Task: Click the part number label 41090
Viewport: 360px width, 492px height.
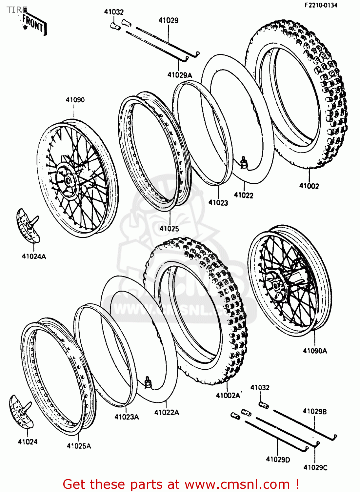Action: tap(75, 100)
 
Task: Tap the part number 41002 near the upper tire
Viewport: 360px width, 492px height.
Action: tap(309, 186)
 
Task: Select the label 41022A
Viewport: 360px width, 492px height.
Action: tap(167, 413)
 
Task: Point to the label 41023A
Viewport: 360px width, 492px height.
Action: tap(127, 417)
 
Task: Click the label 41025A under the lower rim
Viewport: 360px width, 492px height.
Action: tap(79, 446)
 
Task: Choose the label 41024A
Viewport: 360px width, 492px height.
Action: tap(34, 256)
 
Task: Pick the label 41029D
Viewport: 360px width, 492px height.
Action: tap(278, 460)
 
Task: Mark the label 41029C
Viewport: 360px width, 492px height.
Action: tap(315, 467)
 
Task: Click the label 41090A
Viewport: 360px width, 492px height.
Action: tap(315, 351)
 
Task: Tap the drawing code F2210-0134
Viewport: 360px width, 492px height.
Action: tap(321, 5)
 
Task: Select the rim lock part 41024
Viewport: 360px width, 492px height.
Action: tap(20, 412)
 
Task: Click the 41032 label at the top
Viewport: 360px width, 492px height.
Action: tap(114, 12)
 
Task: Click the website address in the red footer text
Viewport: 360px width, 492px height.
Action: tap(237, 484)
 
